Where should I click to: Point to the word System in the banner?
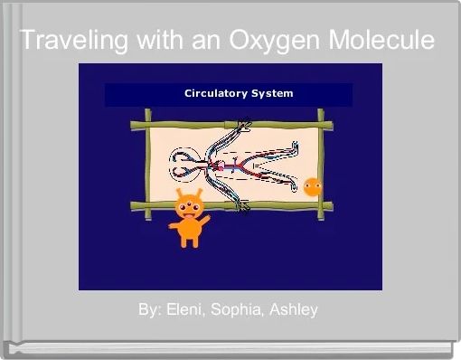(272, 93)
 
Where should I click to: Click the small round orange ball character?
(313, 187)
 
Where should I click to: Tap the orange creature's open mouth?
(187, 214)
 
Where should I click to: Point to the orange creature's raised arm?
(203, 219)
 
